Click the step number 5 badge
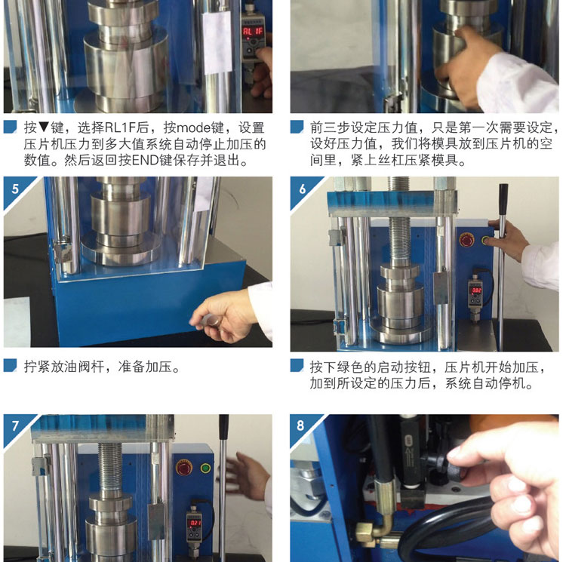15,189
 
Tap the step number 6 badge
303,189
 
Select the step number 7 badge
15,426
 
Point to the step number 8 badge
300,425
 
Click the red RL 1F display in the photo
252,32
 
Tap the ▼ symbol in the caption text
44,127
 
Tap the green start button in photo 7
206,468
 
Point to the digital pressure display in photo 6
476,290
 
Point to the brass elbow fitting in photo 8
374,529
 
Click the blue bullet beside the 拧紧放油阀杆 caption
10,365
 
